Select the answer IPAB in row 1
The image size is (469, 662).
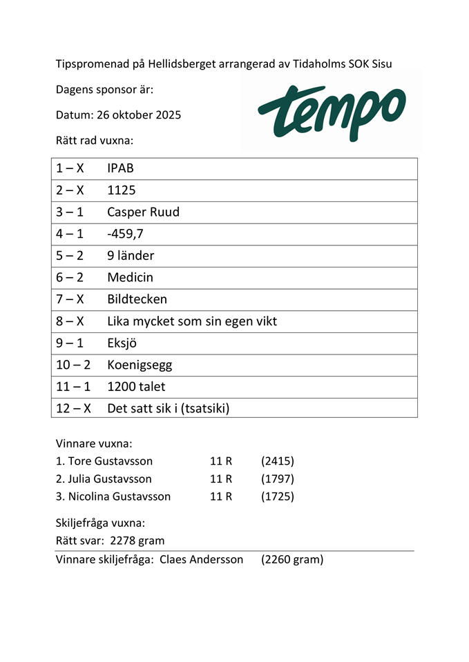[x=120, y=168]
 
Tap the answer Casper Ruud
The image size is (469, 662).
[x=143, y=212]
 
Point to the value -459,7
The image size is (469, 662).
[x=125, y=234]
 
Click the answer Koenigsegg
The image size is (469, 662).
[x=140, y=365]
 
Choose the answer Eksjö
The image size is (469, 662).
[x=123, y=343]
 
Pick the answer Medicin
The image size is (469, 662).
[x=130, y=277]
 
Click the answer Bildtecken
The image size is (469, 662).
[x=137, y=299]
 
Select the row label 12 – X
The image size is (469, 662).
[x=73, y=408]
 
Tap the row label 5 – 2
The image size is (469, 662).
[x=70, y=256]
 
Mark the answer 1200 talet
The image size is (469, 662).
[x=136, y=387]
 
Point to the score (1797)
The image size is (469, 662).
[x=278, y=479]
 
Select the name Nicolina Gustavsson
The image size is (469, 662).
[x=119, y=496]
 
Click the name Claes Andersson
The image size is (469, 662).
[x=201, y=560]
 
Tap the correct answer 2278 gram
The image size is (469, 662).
[x=137, y=541]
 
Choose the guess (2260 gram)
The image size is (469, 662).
[x=292, y=560]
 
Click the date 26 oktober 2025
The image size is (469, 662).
[x=136, y=114]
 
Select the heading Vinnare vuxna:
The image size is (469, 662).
[x=93, y=443]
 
